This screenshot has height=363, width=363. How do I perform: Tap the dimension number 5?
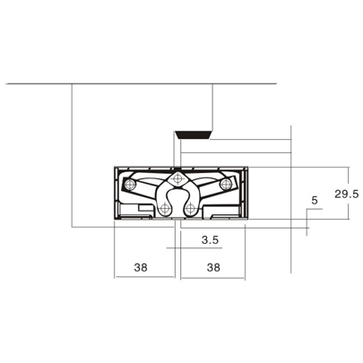point(313,203)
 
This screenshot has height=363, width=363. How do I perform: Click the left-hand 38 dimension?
point(141,266)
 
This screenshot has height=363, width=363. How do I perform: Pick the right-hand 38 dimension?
point(212,266)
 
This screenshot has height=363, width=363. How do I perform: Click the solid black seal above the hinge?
point(193,133)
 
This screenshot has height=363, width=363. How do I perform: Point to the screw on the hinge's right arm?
point(225,184)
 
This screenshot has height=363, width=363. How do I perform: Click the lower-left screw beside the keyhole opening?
point(165,209)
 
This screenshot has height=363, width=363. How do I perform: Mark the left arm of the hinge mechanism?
point(143,191)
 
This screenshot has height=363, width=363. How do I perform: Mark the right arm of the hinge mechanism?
point(215,190)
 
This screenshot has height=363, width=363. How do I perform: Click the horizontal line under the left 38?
point(143,278)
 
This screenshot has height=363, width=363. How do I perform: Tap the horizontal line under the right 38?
point(212,278)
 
